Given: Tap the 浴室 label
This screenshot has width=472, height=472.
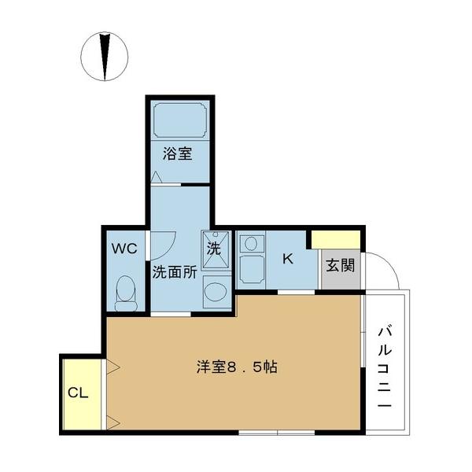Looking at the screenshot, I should click(178, 154).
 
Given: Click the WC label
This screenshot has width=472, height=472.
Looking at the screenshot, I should click(124, 249).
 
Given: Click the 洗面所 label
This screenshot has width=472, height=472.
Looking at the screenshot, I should click(174, 274).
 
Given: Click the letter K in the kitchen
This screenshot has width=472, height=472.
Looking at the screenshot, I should click(288, 259).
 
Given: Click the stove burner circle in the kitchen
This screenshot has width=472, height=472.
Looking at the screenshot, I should click(251, 244).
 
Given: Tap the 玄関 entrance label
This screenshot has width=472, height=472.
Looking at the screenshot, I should click(341, 265).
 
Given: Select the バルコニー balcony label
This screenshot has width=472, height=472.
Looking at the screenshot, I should click(385, 365).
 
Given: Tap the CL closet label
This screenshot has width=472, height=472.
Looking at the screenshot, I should click(77, 393).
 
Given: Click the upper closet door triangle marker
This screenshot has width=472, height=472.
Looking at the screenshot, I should click(112, 365).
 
